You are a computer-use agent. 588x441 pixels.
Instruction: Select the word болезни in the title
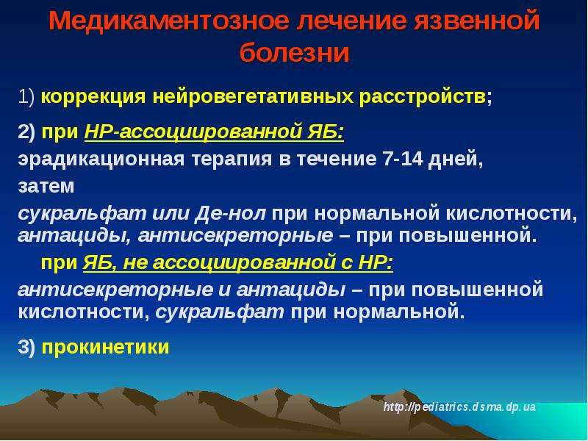coord(295,52)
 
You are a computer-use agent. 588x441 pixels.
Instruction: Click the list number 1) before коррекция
coord(26,97)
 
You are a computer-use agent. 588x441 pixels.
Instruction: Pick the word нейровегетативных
coord(253,97)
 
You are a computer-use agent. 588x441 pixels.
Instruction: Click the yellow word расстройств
coord(422,97)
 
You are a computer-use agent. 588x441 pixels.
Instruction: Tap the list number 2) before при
coord(26,132)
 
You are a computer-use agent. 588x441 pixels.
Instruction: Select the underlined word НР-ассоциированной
coord(193,132)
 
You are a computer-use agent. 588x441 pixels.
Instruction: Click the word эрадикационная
coord(101,159)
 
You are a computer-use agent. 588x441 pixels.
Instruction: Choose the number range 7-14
coord(402,159)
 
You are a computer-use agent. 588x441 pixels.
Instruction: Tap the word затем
coord(46,187)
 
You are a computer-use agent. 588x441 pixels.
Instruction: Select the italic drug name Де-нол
coord(231,213)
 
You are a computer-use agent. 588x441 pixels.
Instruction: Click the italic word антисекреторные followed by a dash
coord(235,235)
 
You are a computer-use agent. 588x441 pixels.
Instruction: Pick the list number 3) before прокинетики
coord(26,347)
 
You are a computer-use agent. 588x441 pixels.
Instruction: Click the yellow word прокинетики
coord(105,347)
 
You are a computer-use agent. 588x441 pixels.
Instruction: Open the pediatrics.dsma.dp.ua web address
coord(459,407)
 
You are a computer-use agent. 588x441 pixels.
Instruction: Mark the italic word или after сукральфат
coord(171,213)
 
